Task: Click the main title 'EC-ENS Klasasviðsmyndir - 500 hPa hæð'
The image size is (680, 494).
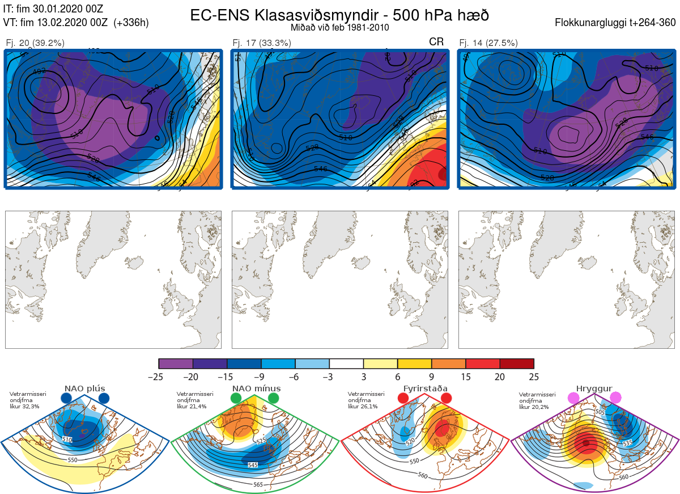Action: tap(339, 15)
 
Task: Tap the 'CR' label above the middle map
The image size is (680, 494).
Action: tap(436, 42)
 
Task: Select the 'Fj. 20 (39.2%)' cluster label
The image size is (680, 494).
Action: tap(35, 43)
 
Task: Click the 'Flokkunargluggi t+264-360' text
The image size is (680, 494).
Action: tap(616, 23)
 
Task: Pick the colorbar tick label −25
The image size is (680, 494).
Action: tap(159, 377)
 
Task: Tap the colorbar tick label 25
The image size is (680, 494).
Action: tap(533, 377)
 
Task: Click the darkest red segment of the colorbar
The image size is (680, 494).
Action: tap(517, 364)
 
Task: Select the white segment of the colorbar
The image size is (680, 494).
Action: tap(346, 364)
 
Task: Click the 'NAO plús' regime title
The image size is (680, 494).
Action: tap(84, 389)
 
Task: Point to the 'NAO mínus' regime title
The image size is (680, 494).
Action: tap(256, 389)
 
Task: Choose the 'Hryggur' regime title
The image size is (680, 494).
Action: tap(594, 389)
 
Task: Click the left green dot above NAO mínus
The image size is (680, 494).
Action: tap(236, 398)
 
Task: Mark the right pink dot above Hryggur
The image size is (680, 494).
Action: tap(615, 398)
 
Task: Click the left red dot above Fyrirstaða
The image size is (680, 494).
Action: tap(403, 398)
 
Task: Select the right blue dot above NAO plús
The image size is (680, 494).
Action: tap(103, 398)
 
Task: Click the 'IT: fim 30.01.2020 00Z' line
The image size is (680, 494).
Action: tap(53, 9)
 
